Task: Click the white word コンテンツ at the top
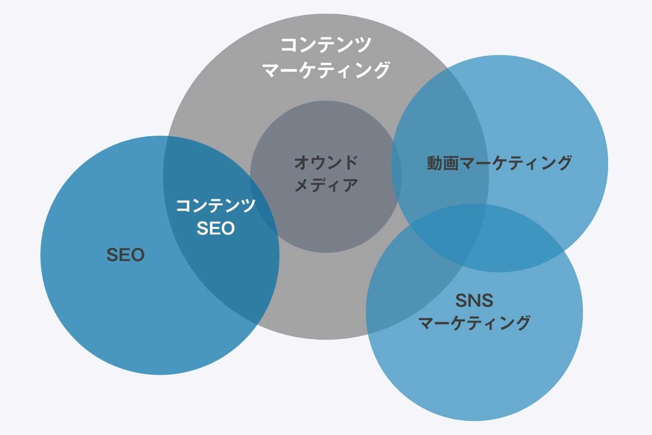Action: pos(326,45)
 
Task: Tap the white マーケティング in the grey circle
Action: pos(326,70)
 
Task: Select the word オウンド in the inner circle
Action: pos(326,163)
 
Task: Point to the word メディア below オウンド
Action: pos(326,185)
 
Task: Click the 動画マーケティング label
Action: pos(499,163)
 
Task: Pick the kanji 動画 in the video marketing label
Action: pos(442,163)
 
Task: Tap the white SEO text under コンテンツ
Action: pos(216,228)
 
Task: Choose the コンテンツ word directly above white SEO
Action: pos(216,205)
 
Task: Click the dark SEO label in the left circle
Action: pos(125,255)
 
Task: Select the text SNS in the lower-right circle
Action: pos(474,300)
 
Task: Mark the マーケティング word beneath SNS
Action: pos(474,323)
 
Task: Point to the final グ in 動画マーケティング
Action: pos(564,163)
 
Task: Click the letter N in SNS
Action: pos(474,300)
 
